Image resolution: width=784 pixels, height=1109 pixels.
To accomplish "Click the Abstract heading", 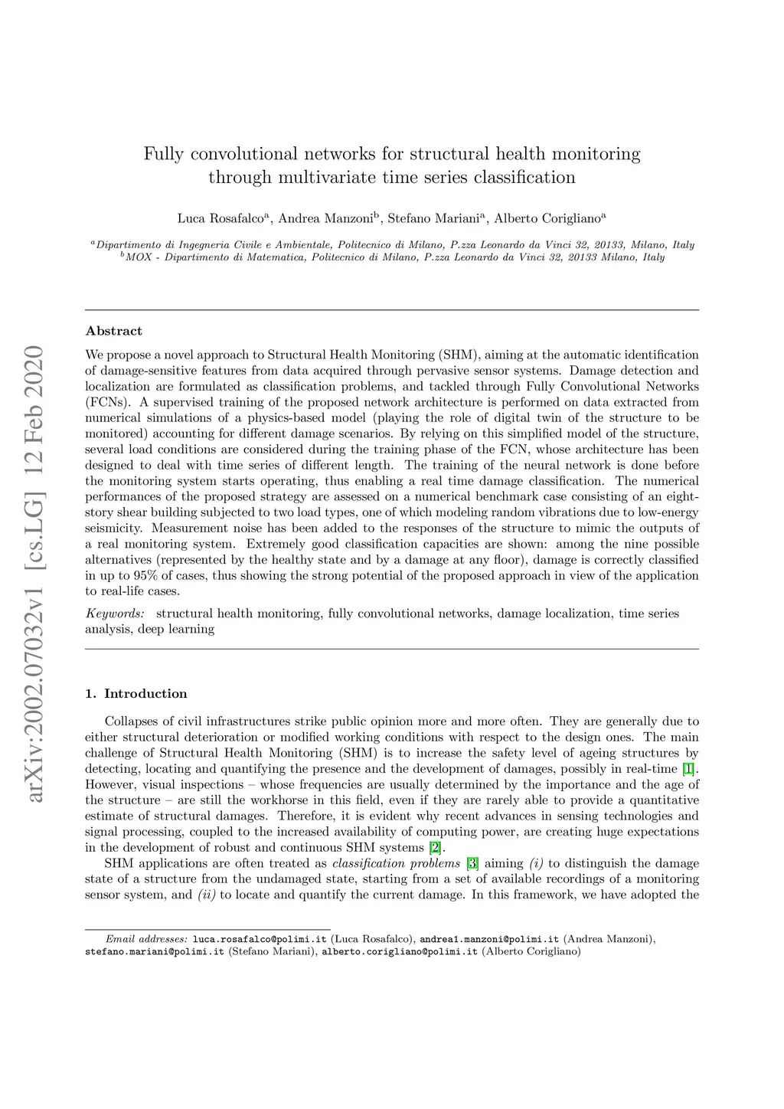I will [113, 331].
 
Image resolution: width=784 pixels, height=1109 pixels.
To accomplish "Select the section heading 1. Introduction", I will [136, 694].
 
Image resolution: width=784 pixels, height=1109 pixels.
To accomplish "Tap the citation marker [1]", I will [689, 769].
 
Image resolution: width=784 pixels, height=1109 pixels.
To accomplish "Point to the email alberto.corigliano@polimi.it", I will [400, 952].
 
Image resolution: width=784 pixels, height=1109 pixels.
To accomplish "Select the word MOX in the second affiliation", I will [139, 257].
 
